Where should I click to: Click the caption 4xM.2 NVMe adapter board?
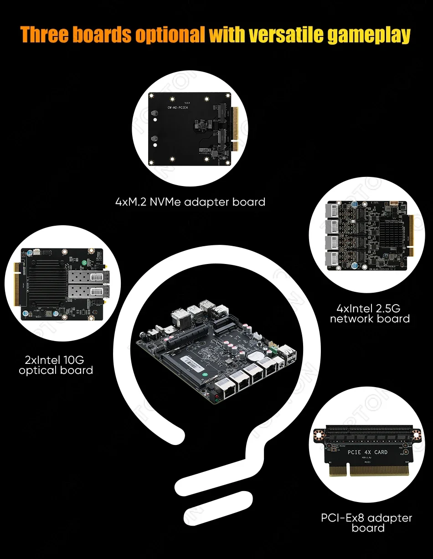pos(190,202)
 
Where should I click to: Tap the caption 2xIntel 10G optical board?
pos(56,364)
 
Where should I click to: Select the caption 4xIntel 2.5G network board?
pos(370,313)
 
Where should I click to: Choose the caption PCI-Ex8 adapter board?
pos(367,523)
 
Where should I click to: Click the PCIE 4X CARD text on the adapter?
pos(367,452)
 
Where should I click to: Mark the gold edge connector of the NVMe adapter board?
pos(236,129)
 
